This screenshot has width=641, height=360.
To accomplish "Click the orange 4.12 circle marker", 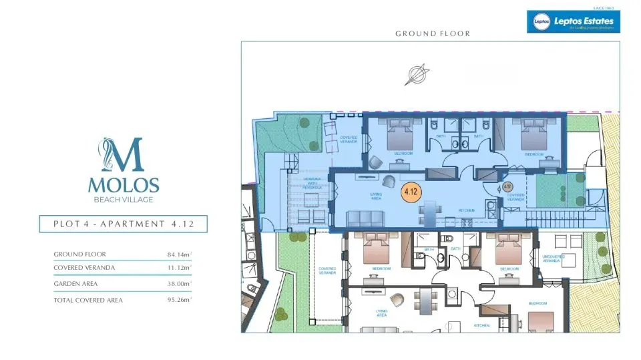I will (x=410, y=192).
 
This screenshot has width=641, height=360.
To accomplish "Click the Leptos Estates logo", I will (x=573, y=21).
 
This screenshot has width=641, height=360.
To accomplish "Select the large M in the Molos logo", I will (x=123, y=156).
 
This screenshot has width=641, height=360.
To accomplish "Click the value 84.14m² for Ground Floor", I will (x=179, y=254).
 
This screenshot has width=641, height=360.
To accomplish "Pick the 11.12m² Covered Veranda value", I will (x=179, y=267).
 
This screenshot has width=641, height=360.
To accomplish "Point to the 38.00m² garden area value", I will (x=179, y=283).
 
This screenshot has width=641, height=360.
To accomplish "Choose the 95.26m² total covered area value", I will (x=179, y=300).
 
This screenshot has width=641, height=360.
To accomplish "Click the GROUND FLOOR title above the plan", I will (x=432, y=33).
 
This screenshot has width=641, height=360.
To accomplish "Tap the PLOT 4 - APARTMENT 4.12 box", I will (x=123, y=224).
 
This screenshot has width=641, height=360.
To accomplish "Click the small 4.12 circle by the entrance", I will (x=507, y=186).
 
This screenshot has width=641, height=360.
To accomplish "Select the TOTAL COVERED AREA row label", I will (x=88, y=300).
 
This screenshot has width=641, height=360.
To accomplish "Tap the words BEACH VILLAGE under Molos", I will (x=123, y=200).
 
